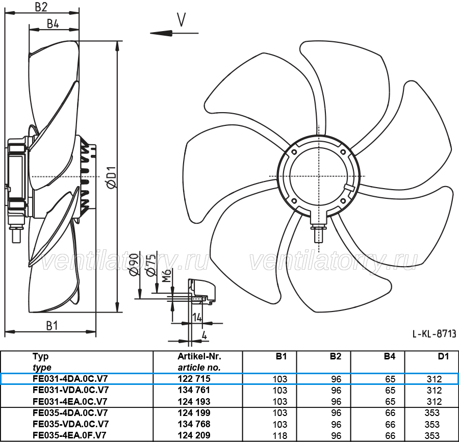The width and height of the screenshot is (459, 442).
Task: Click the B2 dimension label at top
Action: (x=41, y=7)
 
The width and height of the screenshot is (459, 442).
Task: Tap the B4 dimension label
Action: (x=53, y=23)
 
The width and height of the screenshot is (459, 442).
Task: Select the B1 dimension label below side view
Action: (x=52, y=326)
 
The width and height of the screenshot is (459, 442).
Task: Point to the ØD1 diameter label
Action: (x=112, y=177)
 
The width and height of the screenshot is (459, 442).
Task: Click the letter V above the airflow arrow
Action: (x=182, y=19)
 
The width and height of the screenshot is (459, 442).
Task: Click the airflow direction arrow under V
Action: (x=174, y=33)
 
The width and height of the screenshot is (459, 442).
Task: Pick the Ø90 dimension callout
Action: (x=134, y=265)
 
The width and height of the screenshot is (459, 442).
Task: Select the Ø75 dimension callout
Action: (x=151, y=265)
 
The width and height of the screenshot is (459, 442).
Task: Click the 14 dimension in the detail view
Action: (x=197, y=317)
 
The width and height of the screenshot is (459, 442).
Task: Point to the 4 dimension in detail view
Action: (x=205, y=335)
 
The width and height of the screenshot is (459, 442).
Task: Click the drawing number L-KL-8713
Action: (x=435, y=334)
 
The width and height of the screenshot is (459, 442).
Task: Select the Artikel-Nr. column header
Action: (x=199, y=356)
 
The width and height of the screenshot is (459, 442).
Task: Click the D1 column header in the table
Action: (x=443, y=356)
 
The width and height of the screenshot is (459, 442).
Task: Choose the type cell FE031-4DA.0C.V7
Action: (x=70, y=378)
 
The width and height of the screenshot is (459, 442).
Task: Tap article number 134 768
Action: (x=194, y=424)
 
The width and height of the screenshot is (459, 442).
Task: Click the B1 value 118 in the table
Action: (x=280, y=435)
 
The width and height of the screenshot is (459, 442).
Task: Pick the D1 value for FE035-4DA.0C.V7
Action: (x=432, y=413)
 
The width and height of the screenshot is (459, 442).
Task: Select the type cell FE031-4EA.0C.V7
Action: (x=70, y=401)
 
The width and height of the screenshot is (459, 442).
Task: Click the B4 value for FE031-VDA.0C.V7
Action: (x=390, y=390)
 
